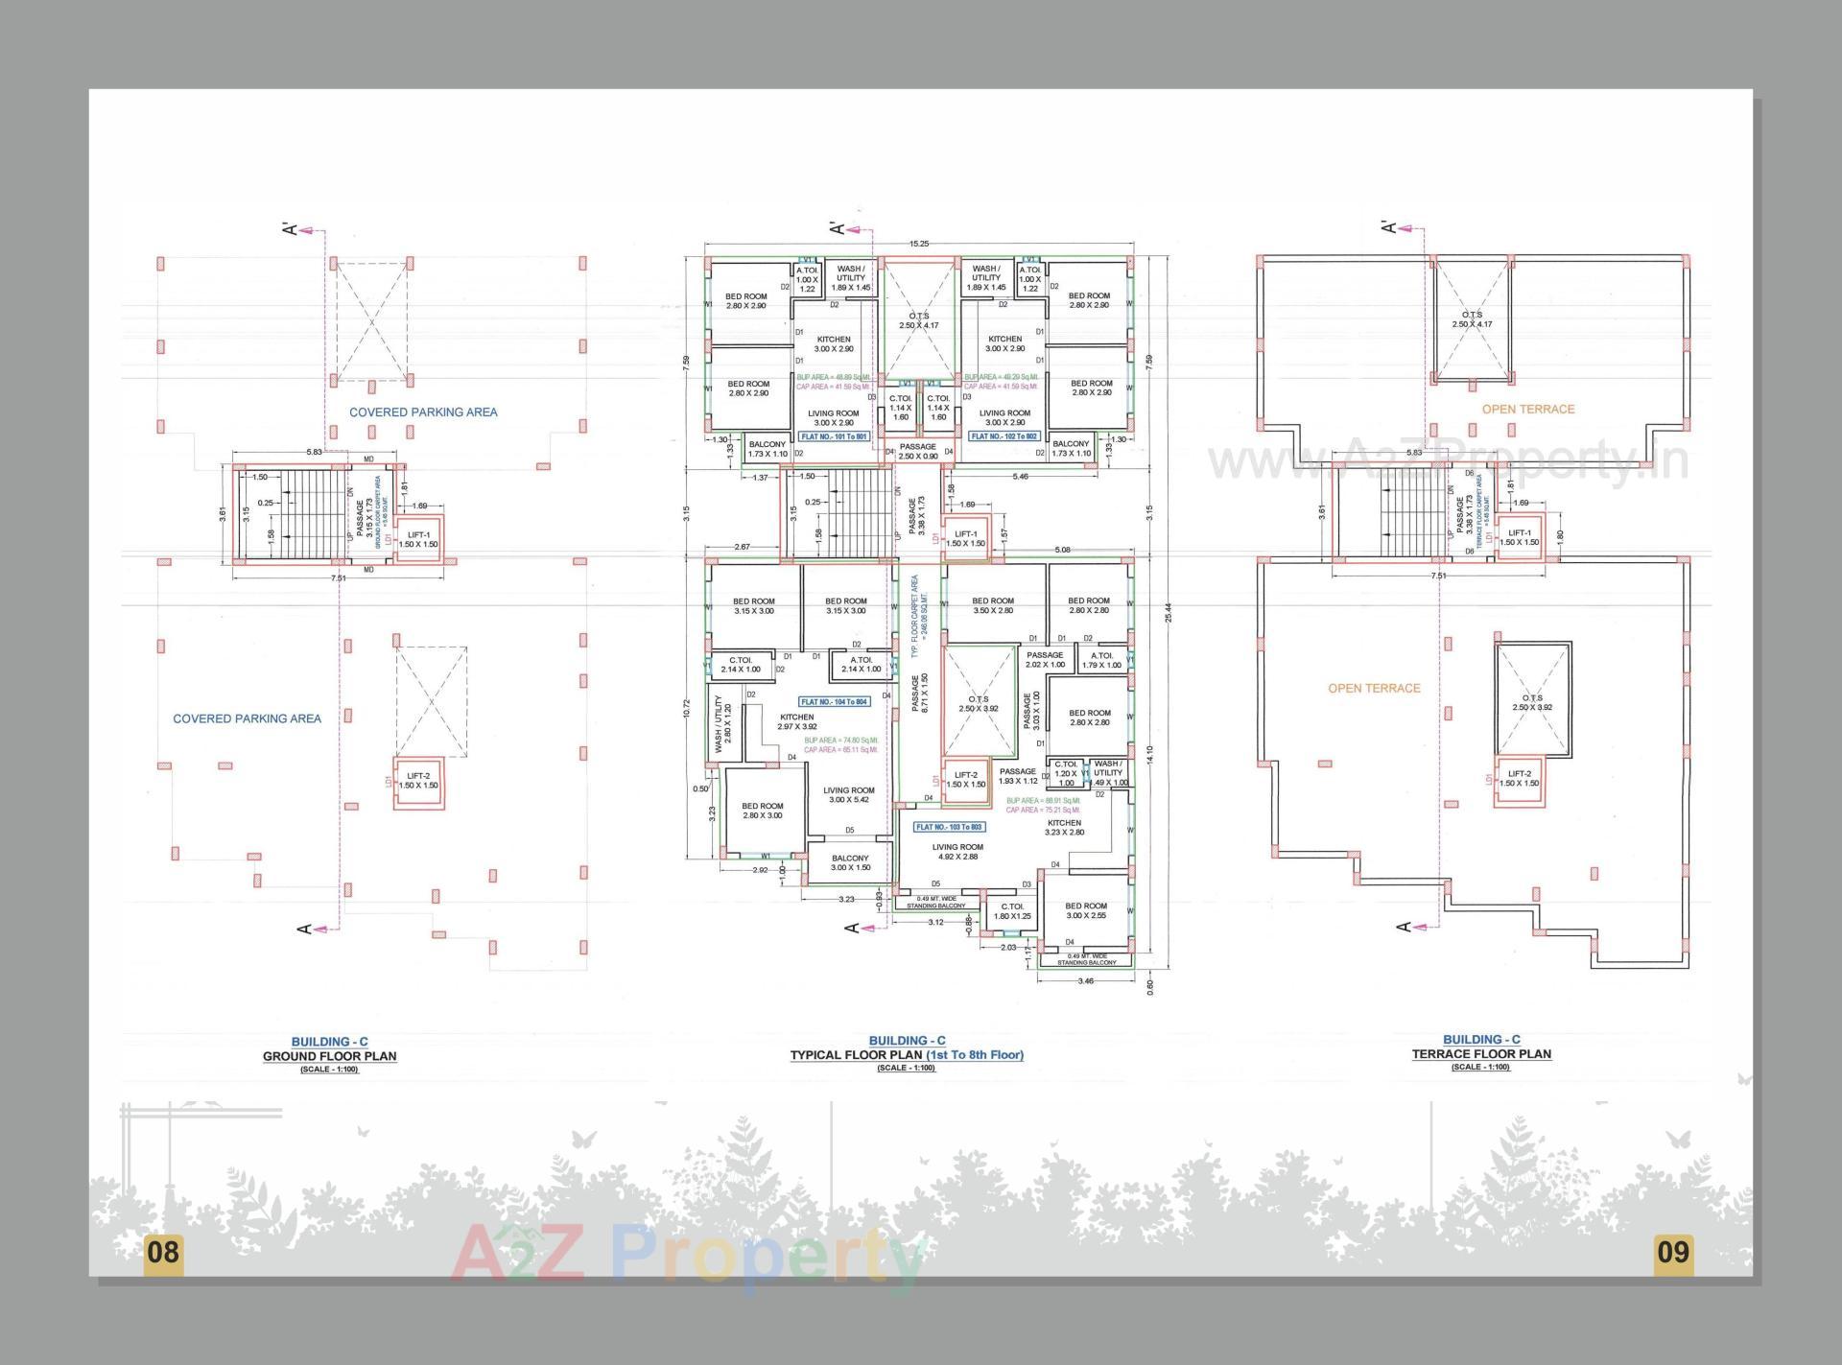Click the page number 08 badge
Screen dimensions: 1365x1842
tap(163, 1252)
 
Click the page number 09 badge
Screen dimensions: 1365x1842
tap(1673, 1252)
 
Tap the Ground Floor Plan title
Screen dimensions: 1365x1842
tap(329, 1056)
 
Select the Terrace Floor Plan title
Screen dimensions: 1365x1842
tap(1481, 1053)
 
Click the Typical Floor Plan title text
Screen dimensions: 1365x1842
tap(906, 1055)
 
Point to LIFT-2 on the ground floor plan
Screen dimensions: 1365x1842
tap(418, 781)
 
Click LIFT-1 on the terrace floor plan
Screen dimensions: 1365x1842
tap(1519, 537)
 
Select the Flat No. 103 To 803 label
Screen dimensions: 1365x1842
tap(949, 827)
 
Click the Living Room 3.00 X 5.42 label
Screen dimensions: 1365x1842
tap(849, 795)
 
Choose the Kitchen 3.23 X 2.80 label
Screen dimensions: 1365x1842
tap(1064, 827)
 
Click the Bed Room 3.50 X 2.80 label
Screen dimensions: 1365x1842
tap(992, 605)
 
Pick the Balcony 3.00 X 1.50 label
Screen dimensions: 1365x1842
tap(850, 862)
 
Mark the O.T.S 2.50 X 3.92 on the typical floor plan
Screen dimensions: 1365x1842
tap(979, 704)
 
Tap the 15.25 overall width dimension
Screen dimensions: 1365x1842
tap(919, 244)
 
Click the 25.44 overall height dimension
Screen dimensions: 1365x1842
tap(1168, 614)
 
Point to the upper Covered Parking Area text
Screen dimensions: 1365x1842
tap(423, 412)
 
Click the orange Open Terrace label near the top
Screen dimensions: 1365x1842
tap(1528, 410)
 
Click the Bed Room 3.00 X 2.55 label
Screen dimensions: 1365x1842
tap(1086, 910)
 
